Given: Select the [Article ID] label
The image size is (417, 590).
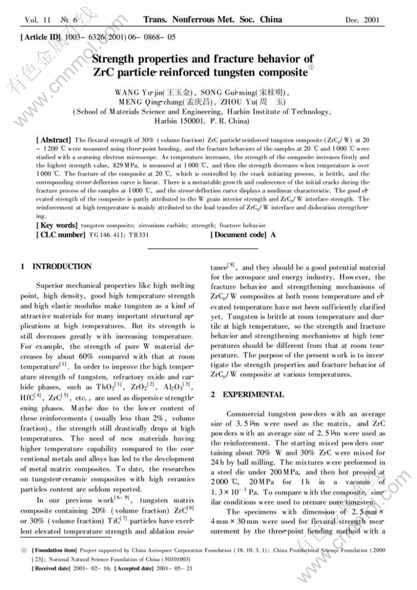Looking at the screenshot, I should coord(41,37).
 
